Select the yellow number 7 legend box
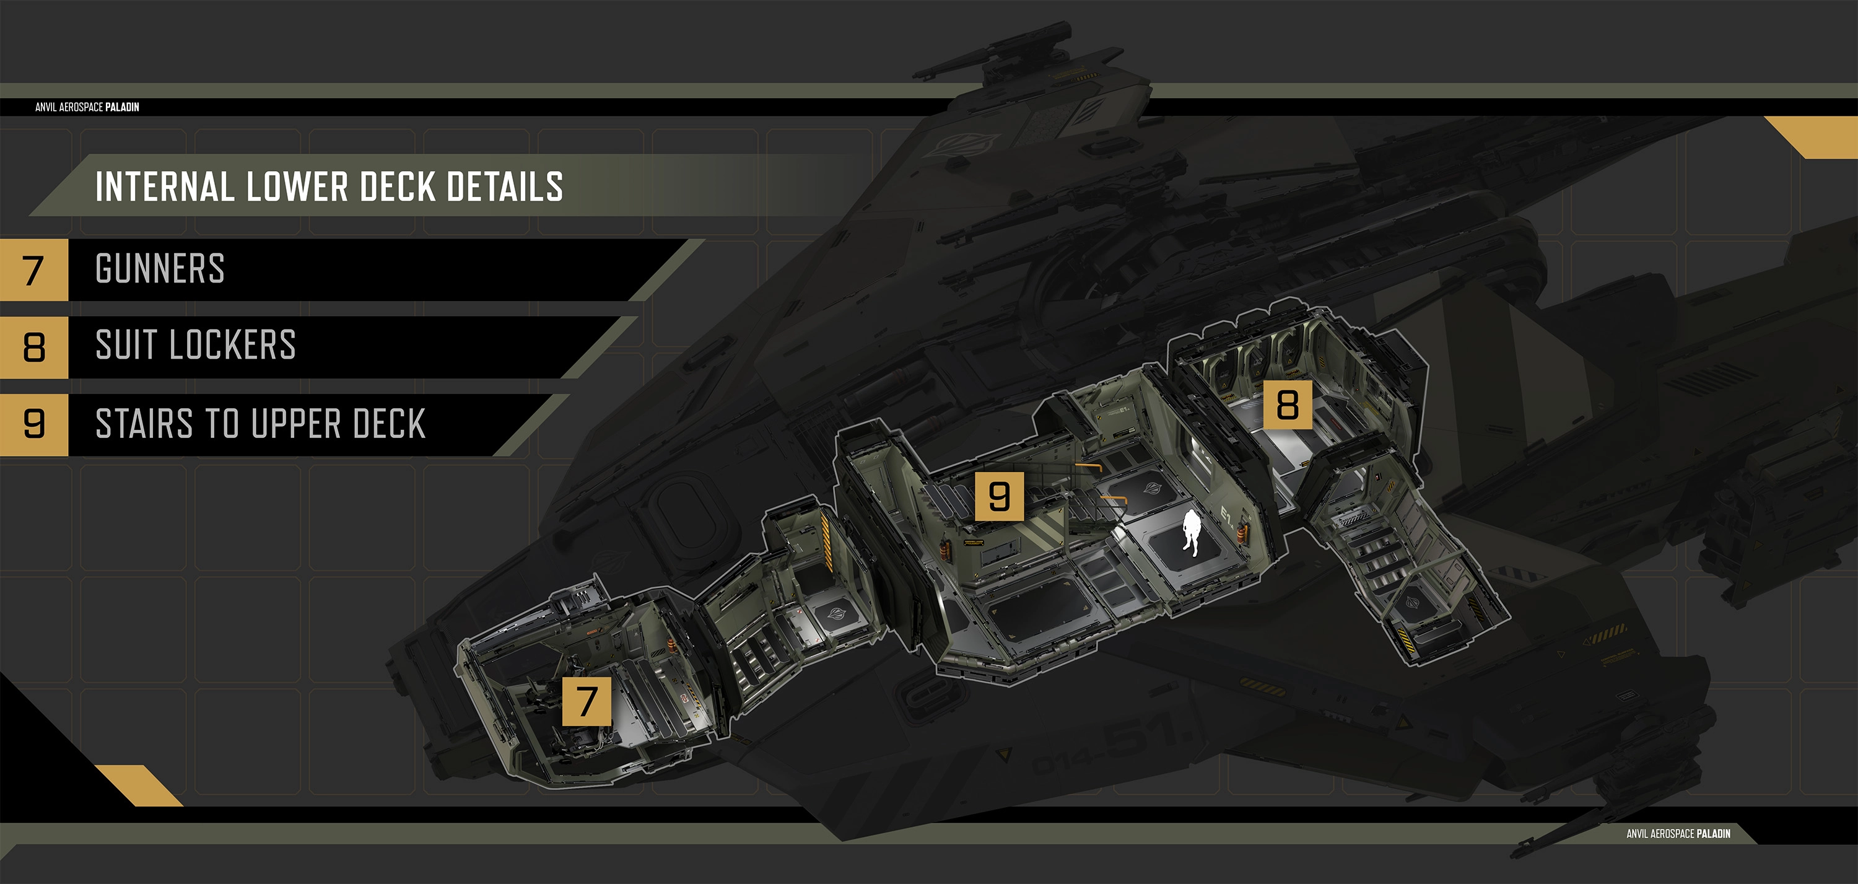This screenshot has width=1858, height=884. (33, 270)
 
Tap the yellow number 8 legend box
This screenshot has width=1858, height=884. (33, 347)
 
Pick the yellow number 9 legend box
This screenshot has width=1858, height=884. (33, 424)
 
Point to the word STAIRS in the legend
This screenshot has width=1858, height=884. (144, 424)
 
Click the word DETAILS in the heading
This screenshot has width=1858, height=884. (505, 187)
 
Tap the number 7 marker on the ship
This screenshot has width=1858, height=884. (587, 701)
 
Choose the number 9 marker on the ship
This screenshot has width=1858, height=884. (999, 496)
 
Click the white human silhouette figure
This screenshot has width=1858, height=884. (1190, 533)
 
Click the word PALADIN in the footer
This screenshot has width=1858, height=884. (1713, 833)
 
